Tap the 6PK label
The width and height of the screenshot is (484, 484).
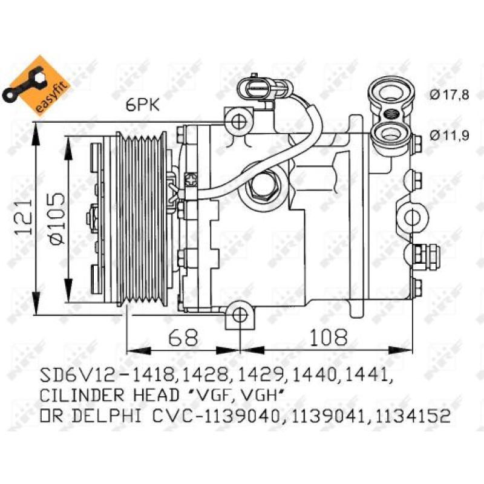(143, 106)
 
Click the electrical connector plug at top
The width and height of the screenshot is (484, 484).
(253, 90)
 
